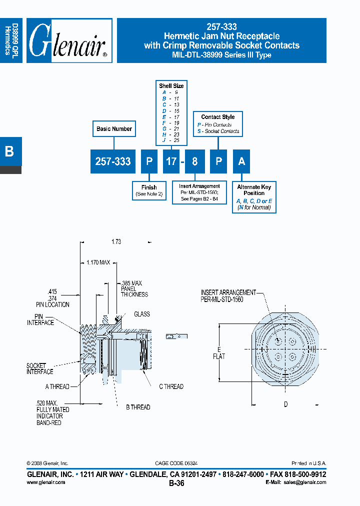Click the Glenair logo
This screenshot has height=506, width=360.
[x=69, y=41]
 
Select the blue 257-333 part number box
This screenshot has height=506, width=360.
[x=113, y=161]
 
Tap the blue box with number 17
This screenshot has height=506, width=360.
[x=171, y=161]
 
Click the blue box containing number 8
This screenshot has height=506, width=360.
[x=194, y=161]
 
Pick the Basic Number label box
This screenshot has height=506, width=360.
[x=114, y=129]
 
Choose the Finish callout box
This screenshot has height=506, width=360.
[x=149, y=190]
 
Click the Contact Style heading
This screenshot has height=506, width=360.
[x=218, y=117]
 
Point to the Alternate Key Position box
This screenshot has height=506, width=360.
[x=254, y=196]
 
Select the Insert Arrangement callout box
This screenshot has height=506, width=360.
[x=199, y=192]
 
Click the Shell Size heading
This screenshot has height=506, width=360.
[x=171, y=86]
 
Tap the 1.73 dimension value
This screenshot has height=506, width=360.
[x=116, y=242]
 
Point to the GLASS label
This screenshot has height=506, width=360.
[x=141, y=314]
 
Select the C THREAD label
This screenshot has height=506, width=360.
[x=171, y=386]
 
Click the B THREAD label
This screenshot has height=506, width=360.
[x=137, y=407]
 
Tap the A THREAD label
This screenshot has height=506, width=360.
[x=57, y=386]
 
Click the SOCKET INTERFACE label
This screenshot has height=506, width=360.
[x=39, y=369]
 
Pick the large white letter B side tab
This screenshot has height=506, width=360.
[x=9, y=151]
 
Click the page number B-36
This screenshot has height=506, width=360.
[x=176, y=483]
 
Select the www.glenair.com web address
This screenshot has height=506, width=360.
[x=45, y=482]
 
